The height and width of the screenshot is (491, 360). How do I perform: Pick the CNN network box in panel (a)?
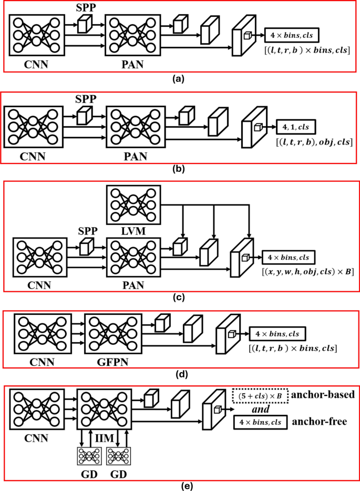click(x=34, y=35)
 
